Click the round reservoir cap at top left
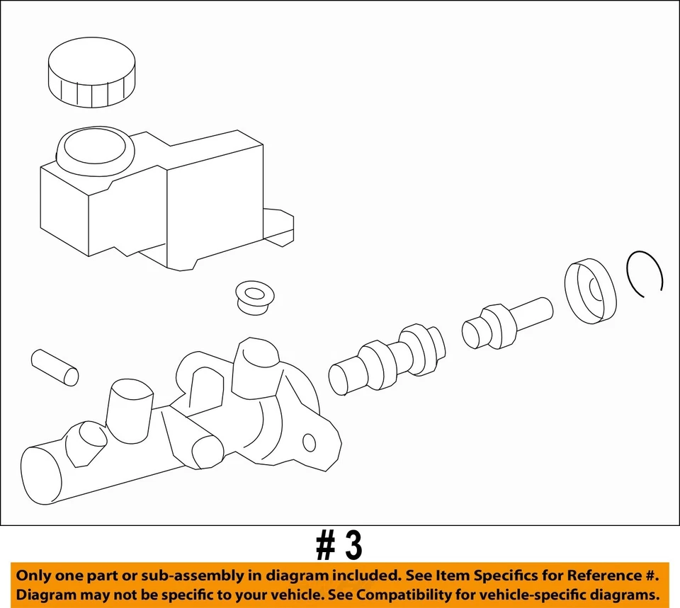(91, 72)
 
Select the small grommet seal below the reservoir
(256, 298)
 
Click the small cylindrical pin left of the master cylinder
(55, 368)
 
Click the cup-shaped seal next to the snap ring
(590, 291)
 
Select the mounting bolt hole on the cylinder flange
(309, 442)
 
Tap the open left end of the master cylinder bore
(41, 476)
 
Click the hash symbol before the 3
(326, 546)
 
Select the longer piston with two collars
(387, 360)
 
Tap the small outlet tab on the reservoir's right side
(278, 227)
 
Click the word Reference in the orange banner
(602, 575)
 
